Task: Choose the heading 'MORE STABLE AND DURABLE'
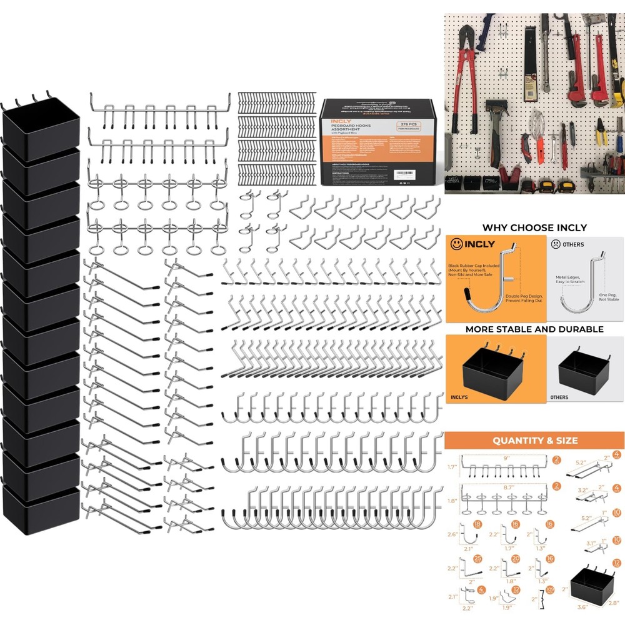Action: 534,329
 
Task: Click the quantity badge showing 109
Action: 551,590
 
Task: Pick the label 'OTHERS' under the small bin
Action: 560,397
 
